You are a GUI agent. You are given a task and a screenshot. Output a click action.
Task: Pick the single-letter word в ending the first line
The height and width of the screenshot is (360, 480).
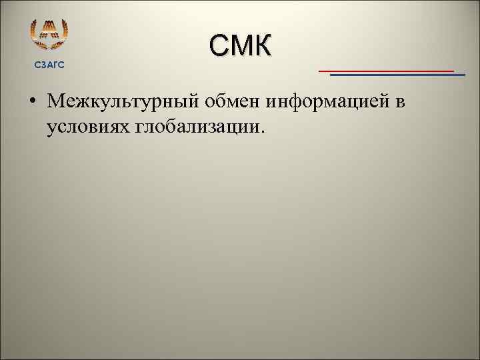click(x=401, y=103)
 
